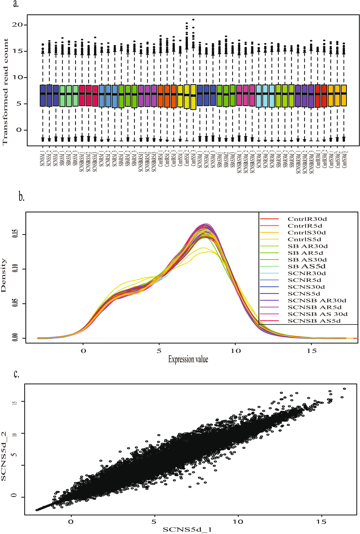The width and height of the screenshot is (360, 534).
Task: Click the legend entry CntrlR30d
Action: pyautogui.click(x=305, y=219)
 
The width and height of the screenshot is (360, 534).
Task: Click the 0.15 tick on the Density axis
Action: pyautogui.click(x=15, y=234)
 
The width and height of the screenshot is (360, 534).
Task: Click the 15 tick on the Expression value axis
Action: pyautogui.click(x=312, y=351)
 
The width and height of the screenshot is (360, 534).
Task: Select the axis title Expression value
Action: pyautogui.click(x=188, y=359)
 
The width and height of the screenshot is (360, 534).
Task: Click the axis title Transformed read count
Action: pyautogui.click(x=5, y=92)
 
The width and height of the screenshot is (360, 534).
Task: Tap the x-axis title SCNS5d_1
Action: pyautogui.click(x=187, y=529)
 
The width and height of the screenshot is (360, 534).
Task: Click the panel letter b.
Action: pyautogui.click(x=21, y=197)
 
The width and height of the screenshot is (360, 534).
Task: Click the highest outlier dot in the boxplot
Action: pyautogui.click(x=193, y=20)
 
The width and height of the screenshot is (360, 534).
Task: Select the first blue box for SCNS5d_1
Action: pyautogui.click(x=43, y=96)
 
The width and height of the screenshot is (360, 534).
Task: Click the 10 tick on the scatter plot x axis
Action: pyautogui.click(x=238, y=522)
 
